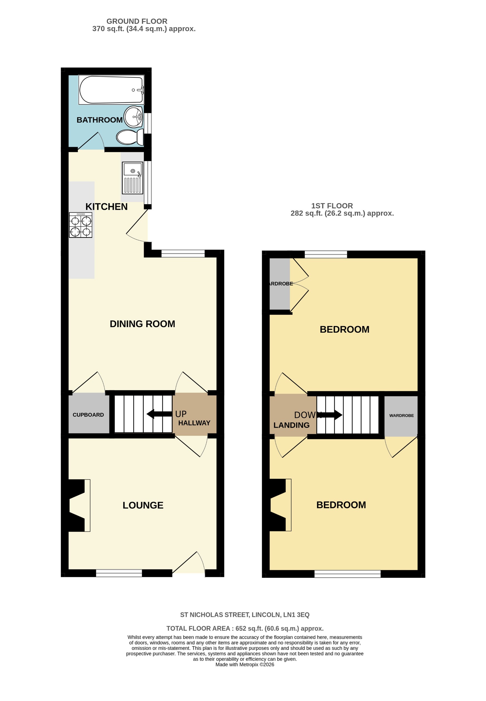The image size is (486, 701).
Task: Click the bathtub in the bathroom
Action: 111,90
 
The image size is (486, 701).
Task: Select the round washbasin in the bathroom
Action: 133,117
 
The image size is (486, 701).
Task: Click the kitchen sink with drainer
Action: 133,178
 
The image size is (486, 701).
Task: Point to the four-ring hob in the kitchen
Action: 81,225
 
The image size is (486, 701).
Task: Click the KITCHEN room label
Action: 106,207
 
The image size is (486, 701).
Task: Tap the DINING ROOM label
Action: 142,324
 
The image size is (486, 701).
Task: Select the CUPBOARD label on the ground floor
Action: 88,415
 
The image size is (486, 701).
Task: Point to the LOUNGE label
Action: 143,505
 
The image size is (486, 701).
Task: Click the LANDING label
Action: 291,425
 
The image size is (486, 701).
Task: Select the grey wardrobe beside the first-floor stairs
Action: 401,415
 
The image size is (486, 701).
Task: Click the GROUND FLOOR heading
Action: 137,21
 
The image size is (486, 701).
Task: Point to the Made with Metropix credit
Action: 245,665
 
